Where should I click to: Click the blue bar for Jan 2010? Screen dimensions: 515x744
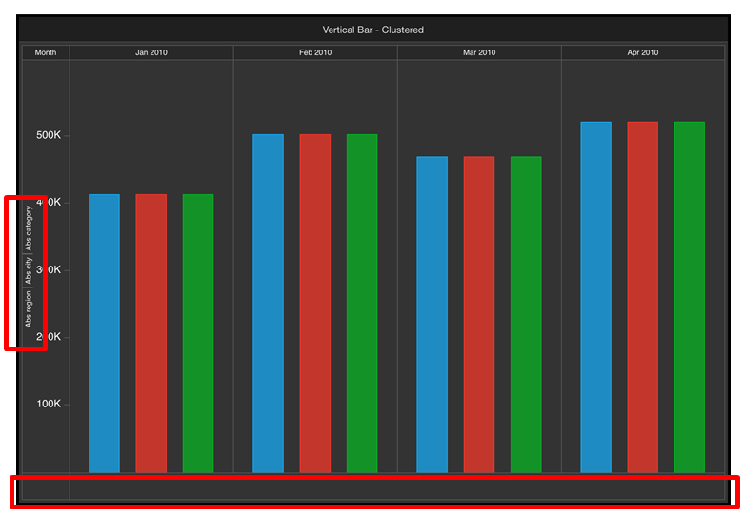tap(104, 333)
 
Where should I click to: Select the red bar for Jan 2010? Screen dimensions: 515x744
tap(151, 333)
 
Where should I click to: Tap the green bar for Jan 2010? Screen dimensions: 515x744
tap(198, 333)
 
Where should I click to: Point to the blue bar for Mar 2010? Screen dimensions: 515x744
tap(432, 314)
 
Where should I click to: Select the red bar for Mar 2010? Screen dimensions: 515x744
tap(479, 314)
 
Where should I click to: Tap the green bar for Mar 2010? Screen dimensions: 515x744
tap(526, 314)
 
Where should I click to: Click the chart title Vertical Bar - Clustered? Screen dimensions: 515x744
tap(372, 30)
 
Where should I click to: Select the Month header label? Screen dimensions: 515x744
tap(46, 52)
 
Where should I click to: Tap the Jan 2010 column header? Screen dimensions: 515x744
tap(151, 52)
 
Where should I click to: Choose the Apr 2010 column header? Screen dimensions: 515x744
tap(643, 52)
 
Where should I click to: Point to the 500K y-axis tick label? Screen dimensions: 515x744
tap(49, 135)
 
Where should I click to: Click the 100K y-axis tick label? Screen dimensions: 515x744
tap(49, 404)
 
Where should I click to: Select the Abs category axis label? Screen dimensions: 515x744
tap(30, 227)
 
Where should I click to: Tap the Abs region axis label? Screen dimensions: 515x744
tap(30, 309)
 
